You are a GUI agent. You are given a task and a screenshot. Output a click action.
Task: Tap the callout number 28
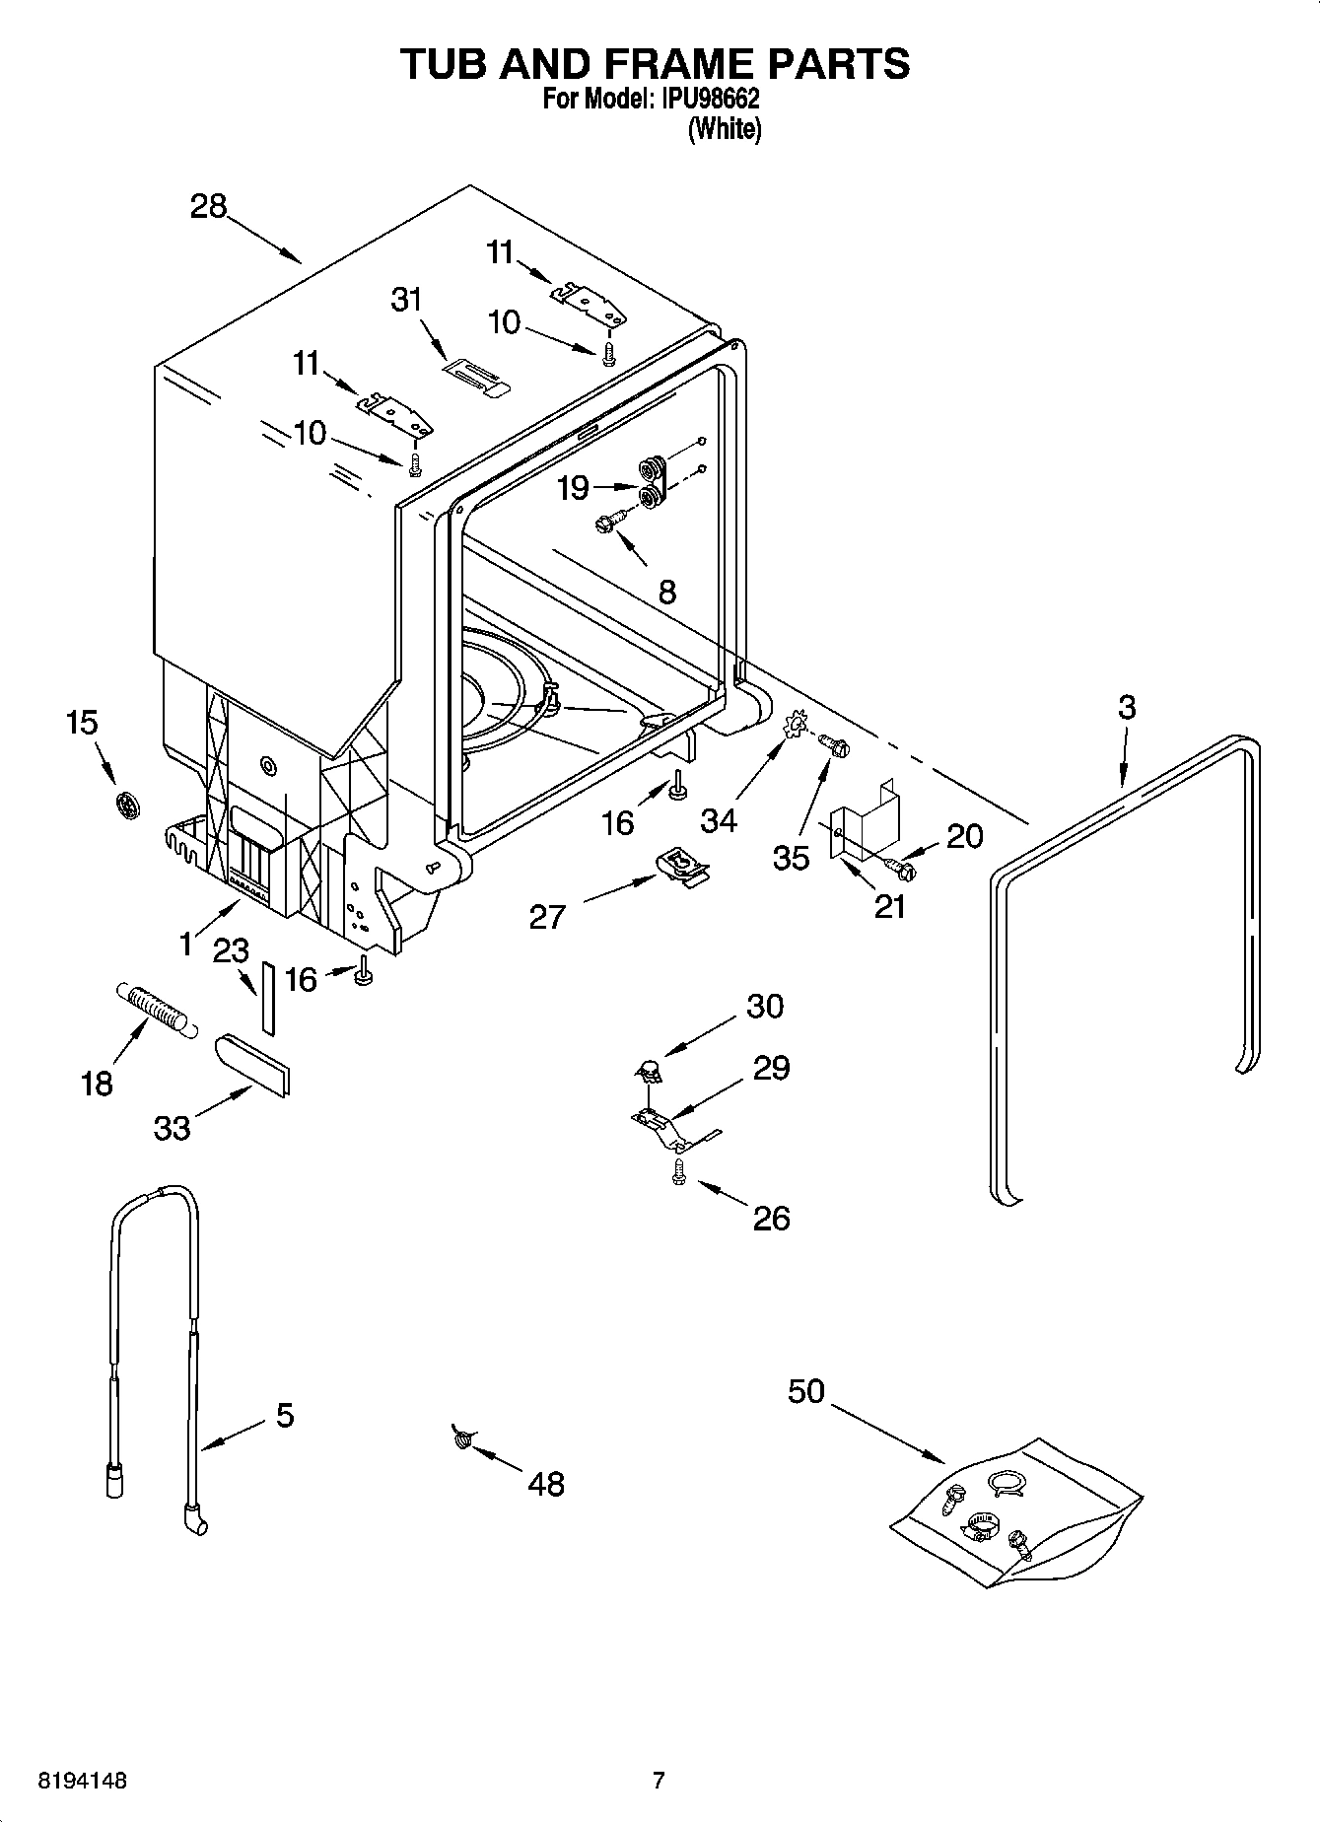click(x=209, y=207)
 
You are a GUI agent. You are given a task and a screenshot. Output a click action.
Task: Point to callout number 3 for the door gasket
click(x=1127, y=708)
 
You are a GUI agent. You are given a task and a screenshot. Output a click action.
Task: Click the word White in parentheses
click(x=725, y=129)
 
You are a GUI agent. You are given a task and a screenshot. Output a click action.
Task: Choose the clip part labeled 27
click(x=681, y=867)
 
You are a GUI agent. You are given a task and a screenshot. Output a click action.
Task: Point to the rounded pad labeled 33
click(x=252, y=1064)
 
